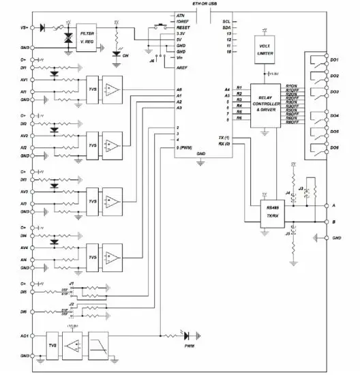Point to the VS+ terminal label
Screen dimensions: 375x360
point(24,28)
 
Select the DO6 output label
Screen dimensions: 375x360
point(334,147)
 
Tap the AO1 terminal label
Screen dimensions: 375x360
point(24,337)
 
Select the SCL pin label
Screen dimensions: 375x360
point(226,21)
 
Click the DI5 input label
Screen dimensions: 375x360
point(24,292)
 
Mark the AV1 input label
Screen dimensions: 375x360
point(24,80)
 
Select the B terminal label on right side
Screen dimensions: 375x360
point(333,222)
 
